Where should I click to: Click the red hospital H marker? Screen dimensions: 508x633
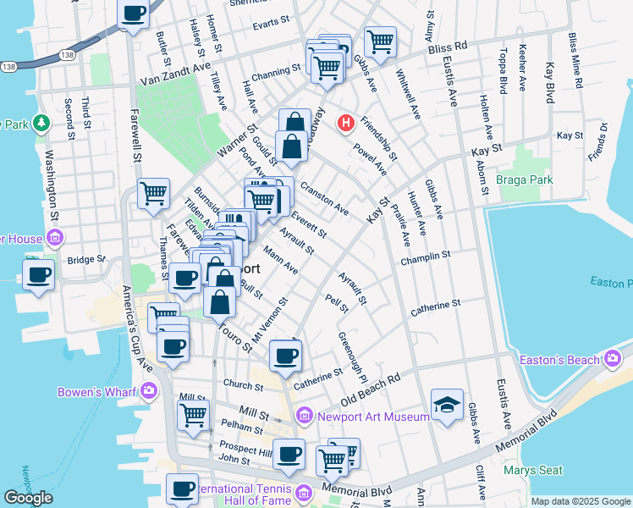[345, 124]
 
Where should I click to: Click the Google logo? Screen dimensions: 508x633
[28, 498]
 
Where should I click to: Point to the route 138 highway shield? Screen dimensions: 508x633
[8, 65]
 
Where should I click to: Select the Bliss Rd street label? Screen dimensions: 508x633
[449, 47]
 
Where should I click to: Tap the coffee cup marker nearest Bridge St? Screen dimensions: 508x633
[39, 275]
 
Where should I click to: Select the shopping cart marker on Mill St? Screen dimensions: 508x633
[193, 415]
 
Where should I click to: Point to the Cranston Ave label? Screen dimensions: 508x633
[324, 202]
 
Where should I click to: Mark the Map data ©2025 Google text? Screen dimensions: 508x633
[580, 501]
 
